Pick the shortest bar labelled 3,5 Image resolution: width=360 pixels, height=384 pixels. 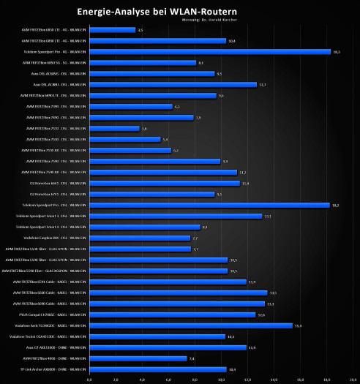(x=112, y=30)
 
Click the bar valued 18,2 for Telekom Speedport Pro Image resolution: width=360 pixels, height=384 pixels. (x=209, y=205)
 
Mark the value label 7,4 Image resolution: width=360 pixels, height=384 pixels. (x=192, y=358)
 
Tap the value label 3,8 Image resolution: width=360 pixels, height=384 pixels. (x=143, y=129)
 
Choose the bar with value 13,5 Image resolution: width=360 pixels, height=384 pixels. (x=178, y=293)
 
